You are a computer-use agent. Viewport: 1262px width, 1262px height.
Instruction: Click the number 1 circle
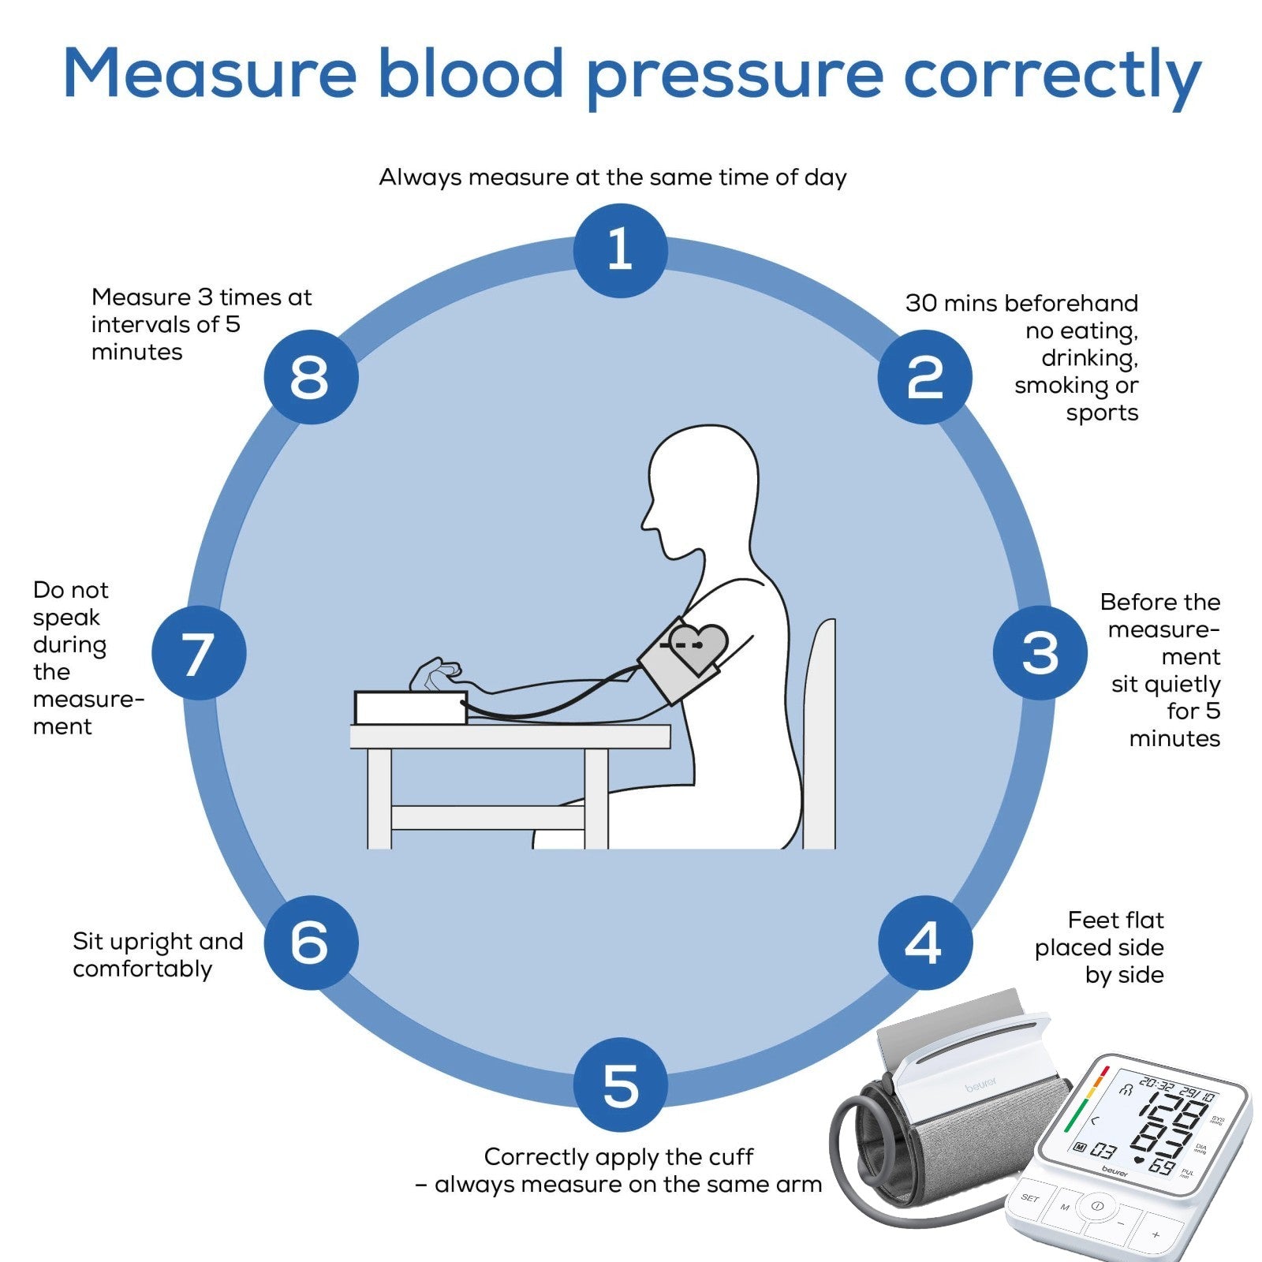tap(620, 250)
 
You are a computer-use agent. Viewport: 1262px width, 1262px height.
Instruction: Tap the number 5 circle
tap(620, 1085)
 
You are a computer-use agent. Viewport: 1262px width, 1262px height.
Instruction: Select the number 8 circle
tap(310, 376)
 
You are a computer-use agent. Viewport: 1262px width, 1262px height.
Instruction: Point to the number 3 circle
tap(1040, 652)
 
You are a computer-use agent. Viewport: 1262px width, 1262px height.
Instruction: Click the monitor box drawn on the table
tap(410, 708)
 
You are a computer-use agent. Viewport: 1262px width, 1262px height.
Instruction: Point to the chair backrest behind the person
tap(820, 734)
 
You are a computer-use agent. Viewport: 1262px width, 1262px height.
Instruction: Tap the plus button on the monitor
tap(1156, 1234)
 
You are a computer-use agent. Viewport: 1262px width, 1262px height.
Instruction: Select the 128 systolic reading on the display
tap(1173, 1114)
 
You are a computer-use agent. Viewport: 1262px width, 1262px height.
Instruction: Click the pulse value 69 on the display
tap(1160, 1166)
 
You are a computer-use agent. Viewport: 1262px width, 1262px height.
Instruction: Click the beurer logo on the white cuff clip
tap(980, 1087)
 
